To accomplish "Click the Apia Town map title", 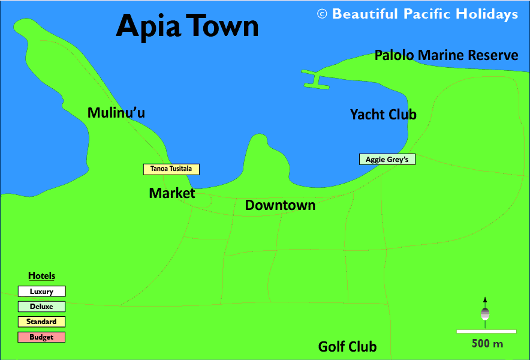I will [x=187, y=26].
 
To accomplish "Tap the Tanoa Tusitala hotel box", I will [x=171, y=169].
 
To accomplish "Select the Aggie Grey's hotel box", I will [x=387, y=160].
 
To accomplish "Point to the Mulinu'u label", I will [x=116, y=113].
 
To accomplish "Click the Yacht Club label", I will [x=383, y=114].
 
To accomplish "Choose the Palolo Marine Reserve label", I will [x=446, y=55].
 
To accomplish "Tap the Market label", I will [x=172, y=193].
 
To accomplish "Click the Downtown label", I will [x=280, y=205].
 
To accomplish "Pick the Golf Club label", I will [x=347, y=346].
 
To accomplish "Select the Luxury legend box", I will [x=41, y=292].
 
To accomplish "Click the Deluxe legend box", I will [x=41, y=307].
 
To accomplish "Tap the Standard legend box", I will [x=41, y=322].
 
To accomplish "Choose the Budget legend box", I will [x=41, y=337].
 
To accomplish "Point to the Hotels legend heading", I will [x=41, y=276].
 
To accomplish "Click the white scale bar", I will [x=486, y=331].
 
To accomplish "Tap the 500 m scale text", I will [x=487, y=344].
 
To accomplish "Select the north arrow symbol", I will [x=485, y=311].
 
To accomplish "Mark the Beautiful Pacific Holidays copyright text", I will [x=418, y=14].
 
